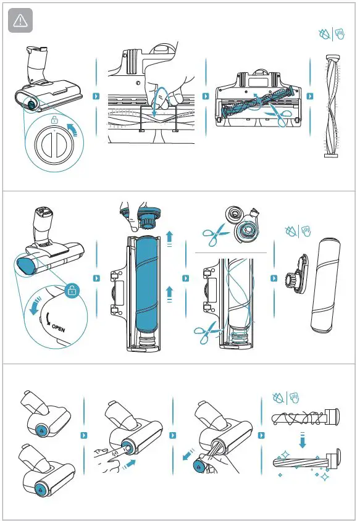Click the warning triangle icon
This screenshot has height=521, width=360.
pyautogui.click(x=20, y=21)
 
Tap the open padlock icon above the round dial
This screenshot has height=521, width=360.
pyautogui.click(x=56, y=120)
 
